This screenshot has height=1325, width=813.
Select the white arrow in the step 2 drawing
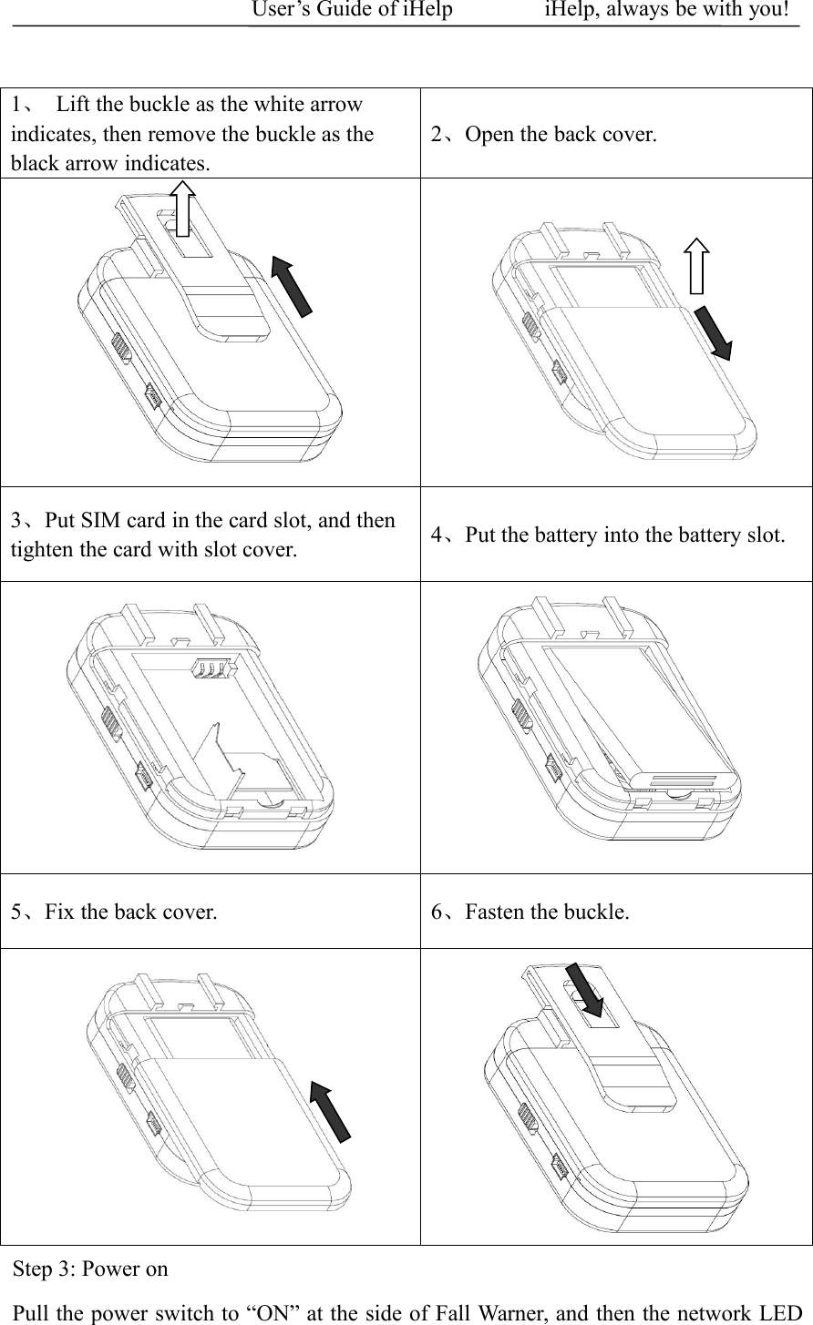click(697, 266)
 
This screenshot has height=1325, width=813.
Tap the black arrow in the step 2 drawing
click(714, 333)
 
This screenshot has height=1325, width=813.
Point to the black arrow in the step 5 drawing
click(330, 1110)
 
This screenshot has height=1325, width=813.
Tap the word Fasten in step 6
click(495, 912)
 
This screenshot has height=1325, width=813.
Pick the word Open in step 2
click(487, 136)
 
